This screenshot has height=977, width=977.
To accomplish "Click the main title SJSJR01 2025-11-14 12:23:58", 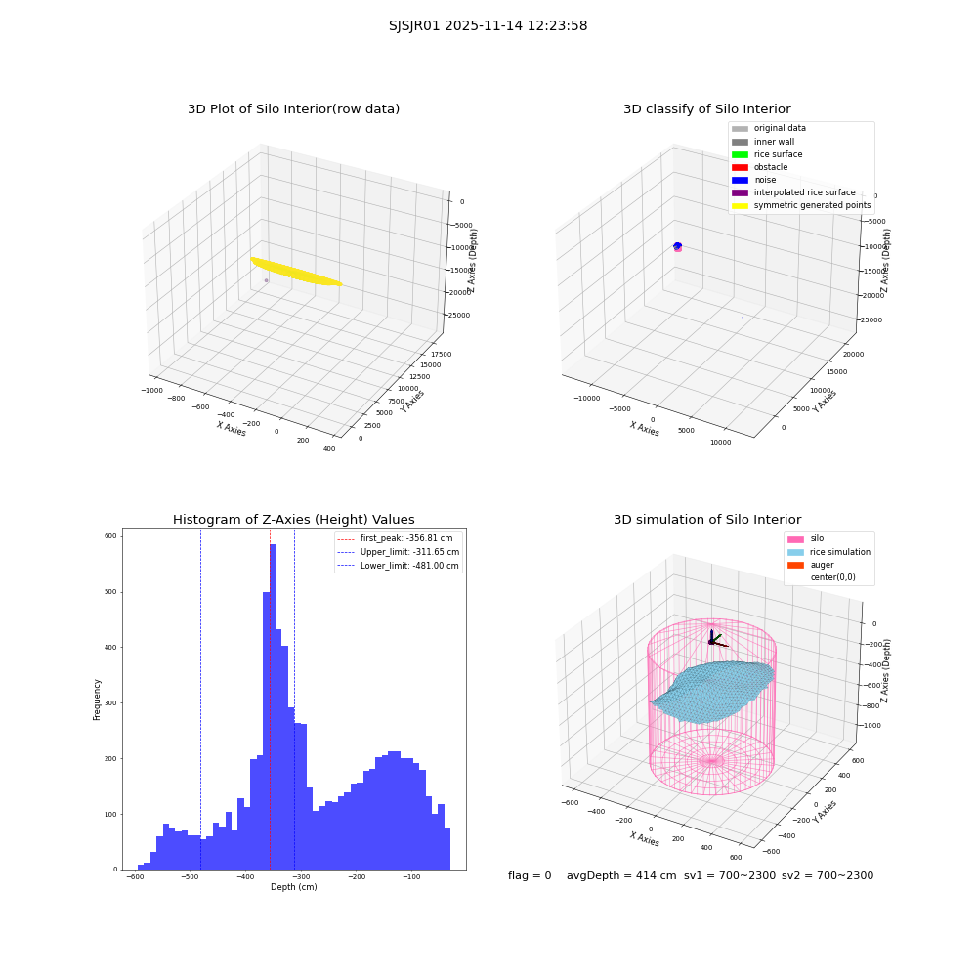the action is [x=488, y=25].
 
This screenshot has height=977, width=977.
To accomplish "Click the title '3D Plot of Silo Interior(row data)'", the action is [x=293, y=109].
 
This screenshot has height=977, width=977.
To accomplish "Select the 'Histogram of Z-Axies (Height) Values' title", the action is [x=293, y=519].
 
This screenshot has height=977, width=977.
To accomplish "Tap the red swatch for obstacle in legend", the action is [x=740, y=167].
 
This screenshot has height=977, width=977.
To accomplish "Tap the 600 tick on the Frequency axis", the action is [x=110, y=535].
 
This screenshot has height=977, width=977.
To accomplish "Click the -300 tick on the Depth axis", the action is [x=301, y=877].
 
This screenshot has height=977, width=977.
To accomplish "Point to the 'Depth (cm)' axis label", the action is [x=293, y=887].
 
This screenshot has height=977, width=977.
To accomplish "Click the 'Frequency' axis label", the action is [x=97, y=700].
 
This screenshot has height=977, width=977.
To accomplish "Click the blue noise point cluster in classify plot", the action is [x=678, y=246].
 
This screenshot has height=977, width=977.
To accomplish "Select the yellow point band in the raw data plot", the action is [x=296, y=272].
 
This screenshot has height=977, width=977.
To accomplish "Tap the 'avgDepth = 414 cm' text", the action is [x=621, y=875].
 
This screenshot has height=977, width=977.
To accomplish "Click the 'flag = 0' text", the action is [x=530, y=875].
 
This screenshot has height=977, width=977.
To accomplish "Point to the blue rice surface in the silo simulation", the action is [x=713, y=692].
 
